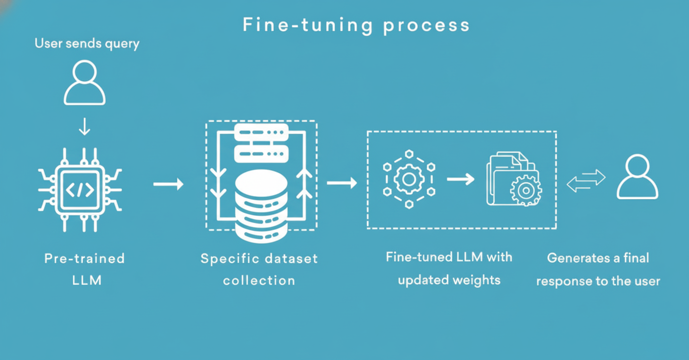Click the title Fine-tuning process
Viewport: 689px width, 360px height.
coord(356,25)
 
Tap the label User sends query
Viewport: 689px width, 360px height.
coord(87,44)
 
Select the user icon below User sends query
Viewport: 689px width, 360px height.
coord(85,83)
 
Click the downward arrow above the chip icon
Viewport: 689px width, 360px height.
coord(85,127)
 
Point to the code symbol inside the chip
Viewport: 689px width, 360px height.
coord(80,190)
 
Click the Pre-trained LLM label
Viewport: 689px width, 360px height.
coord(85,269)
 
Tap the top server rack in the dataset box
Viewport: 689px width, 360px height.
coord(261,132)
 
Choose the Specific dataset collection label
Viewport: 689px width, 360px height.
coord(259,269)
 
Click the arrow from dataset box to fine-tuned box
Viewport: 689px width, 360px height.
coord(342,183)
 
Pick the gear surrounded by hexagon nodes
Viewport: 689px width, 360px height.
coord(409,179)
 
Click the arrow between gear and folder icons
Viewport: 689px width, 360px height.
coord(460,179)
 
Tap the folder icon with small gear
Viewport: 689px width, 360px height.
coord(513,178)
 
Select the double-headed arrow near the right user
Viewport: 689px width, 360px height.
coord(586,180)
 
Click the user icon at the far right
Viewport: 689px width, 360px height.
coord(637,177)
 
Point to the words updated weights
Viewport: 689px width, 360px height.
coord(449,280)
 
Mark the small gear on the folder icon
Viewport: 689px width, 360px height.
coord(526,189)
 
